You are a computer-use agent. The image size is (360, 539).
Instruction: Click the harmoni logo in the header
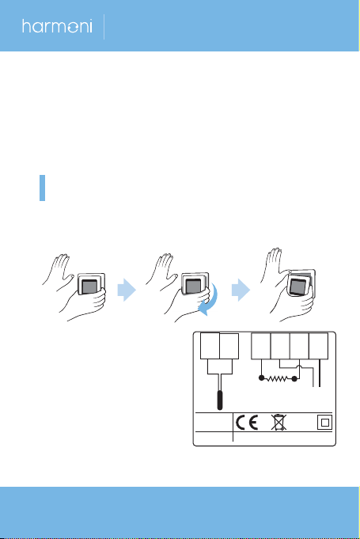pyautogui.click(x=57, y=26)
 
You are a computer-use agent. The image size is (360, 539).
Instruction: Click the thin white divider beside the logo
pyautogui.click(x=104, y=26)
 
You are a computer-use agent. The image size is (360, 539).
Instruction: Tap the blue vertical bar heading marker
pyautogui.click(x=42, y=188)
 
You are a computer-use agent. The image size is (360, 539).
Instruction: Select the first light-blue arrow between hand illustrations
pyautogui.click(x=127, y=290)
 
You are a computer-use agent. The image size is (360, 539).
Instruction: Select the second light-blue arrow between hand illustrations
pyautogui.click(x=241, y=290)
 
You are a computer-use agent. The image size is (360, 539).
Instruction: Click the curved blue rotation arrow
pyautogui.click(x=210, y=301)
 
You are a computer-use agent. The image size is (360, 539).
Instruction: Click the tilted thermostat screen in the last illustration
pyautogui.click(x=297, y=287)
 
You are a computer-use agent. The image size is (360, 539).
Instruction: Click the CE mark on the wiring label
pyautogui.click(x=247, y=422)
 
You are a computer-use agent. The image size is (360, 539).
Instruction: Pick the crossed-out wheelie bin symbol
pyautogui.click(x=279, y=422)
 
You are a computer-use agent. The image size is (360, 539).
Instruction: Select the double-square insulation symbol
pyautogui.click(x=324, y=423)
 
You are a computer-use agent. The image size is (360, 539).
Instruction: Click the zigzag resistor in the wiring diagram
pyautogui.click(x=278, y=378)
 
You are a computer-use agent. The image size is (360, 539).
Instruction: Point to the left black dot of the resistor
pyautogui.click(x=261, y=378)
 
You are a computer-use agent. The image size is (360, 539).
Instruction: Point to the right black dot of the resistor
pyautogui.click(x=294, y=379)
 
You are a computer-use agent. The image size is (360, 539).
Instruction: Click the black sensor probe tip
pyautogui.click(x=219, y=400)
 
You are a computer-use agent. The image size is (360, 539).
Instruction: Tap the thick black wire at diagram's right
pyautogui.click(x=320, y=373)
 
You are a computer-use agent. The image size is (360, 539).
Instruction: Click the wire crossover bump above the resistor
pyautogui.click(x=301, y=367)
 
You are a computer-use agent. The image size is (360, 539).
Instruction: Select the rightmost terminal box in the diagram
pyautogui.click(x=318, y=346)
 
